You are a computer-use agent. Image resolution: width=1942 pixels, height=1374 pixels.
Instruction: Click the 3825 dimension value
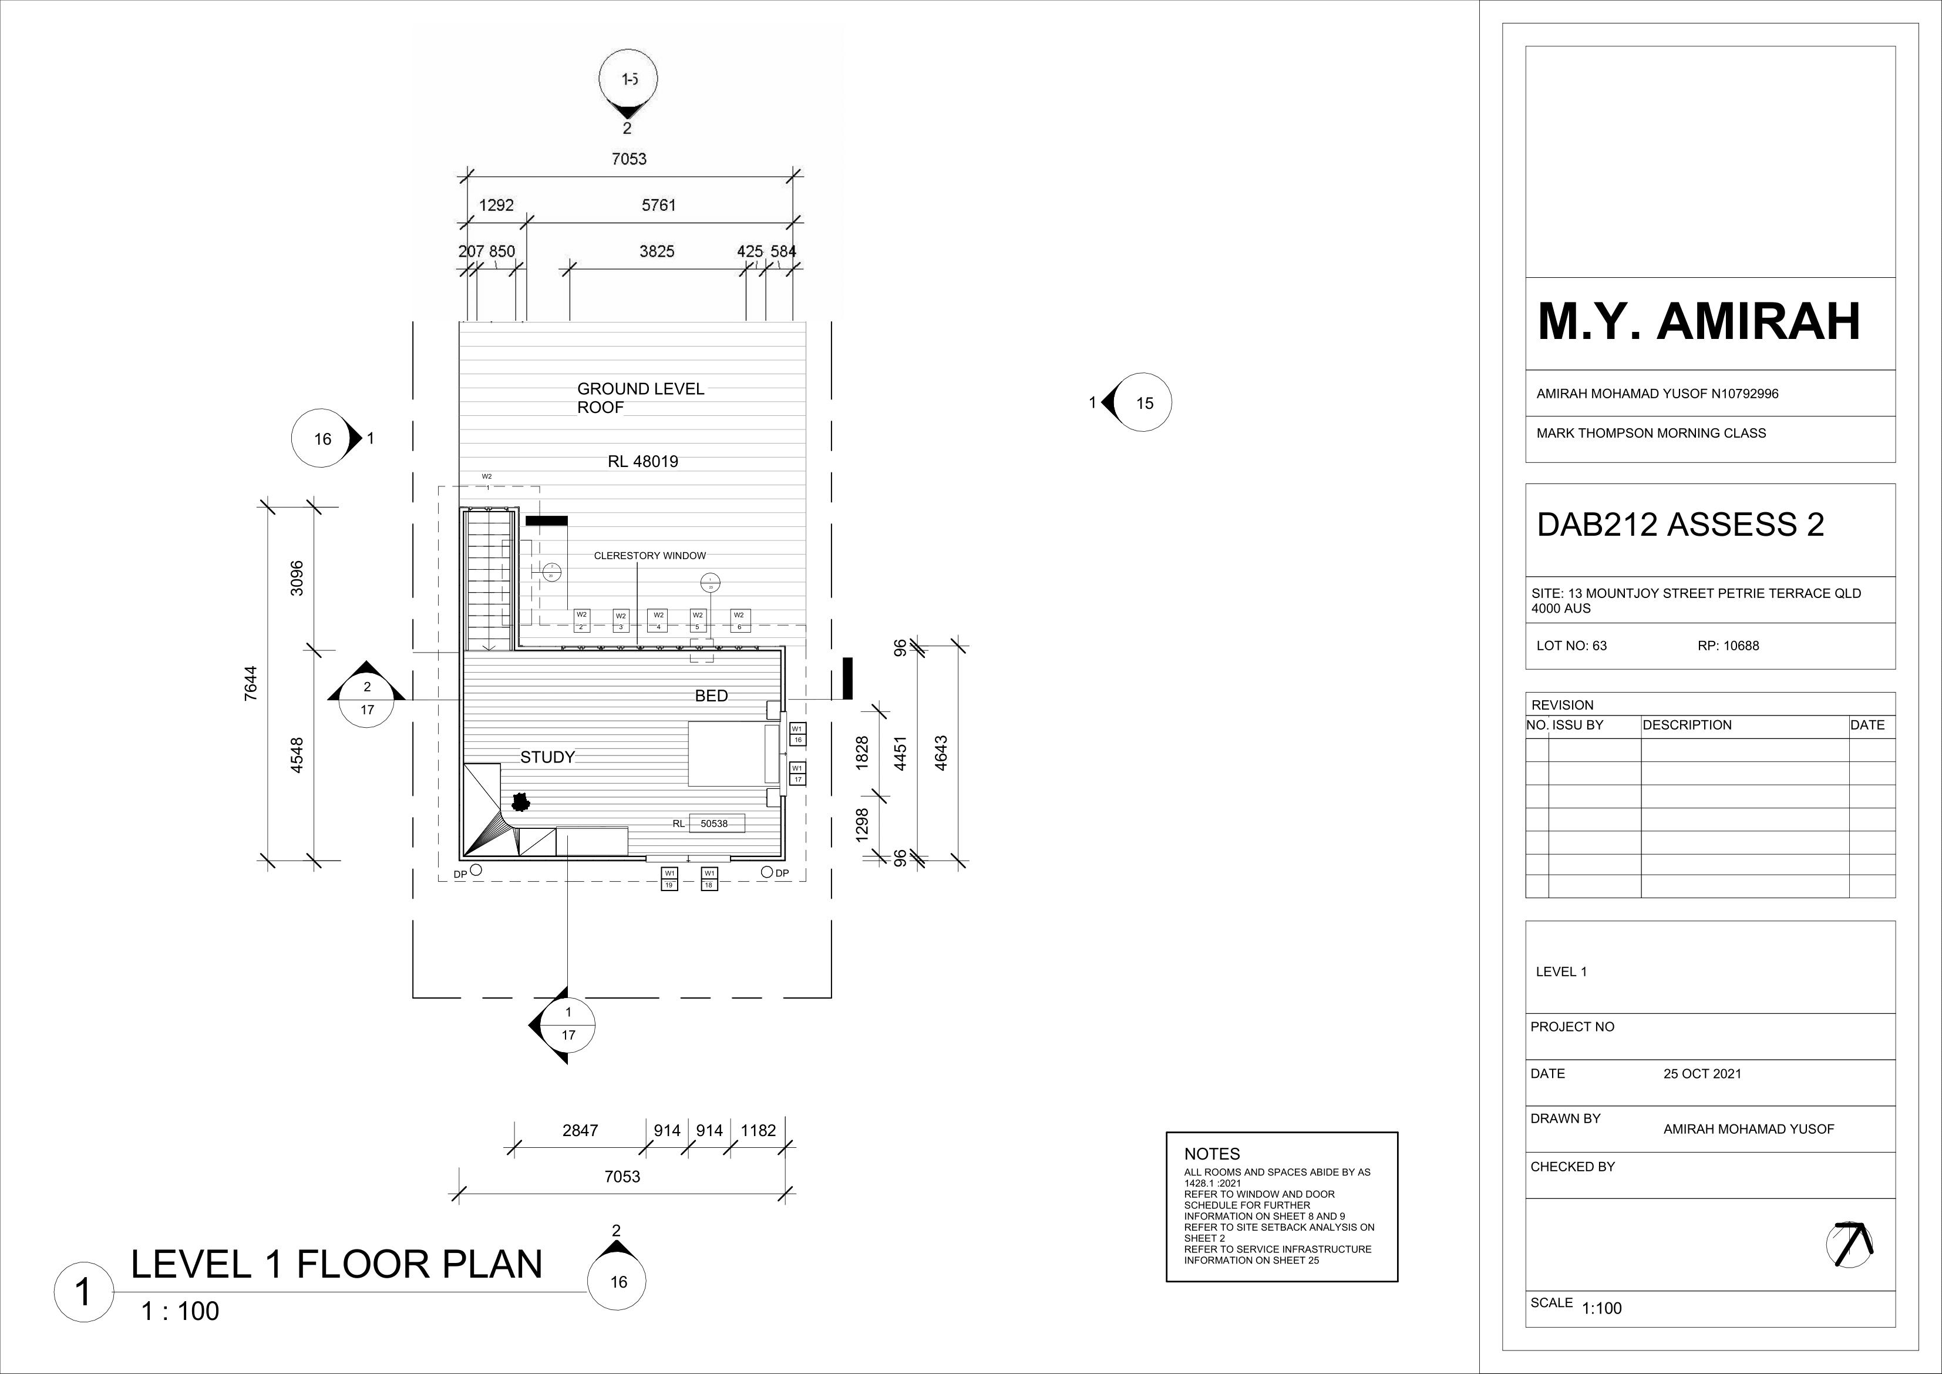tap(657, 251)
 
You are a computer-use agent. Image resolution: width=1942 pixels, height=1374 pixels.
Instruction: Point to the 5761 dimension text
tap(659, 205)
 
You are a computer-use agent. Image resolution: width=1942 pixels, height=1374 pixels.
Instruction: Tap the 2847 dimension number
tap(580, 1130)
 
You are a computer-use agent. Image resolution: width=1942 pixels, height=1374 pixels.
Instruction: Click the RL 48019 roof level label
tap(643, 462)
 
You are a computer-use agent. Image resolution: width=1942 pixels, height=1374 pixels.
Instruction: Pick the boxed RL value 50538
tap(715, 823)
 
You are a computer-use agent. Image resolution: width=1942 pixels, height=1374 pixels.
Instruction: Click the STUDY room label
tap(547, 757)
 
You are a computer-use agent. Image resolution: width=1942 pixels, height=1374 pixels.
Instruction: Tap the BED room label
tap(711, 696)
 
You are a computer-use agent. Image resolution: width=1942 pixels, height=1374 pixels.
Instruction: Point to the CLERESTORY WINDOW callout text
tap(649, 556)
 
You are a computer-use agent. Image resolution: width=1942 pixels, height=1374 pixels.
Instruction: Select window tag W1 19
tap(669, 879)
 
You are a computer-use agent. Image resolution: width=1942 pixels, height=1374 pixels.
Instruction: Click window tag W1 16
tap(797, 734)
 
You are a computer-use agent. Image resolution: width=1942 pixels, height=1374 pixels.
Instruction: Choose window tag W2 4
tap(659, 621)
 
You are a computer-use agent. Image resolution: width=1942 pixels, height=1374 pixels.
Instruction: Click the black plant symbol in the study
tap(519, 800)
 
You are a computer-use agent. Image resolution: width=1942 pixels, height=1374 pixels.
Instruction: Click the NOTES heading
tap(1211, 1154)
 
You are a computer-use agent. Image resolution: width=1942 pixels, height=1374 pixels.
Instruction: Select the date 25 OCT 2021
tap(1702, 1074)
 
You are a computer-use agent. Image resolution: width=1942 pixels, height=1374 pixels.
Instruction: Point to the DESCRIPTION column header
tap(1687, 725)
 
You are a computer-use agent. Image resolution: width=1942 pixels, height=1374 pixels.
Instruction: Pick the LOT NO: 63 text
tap(1571, 646)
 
